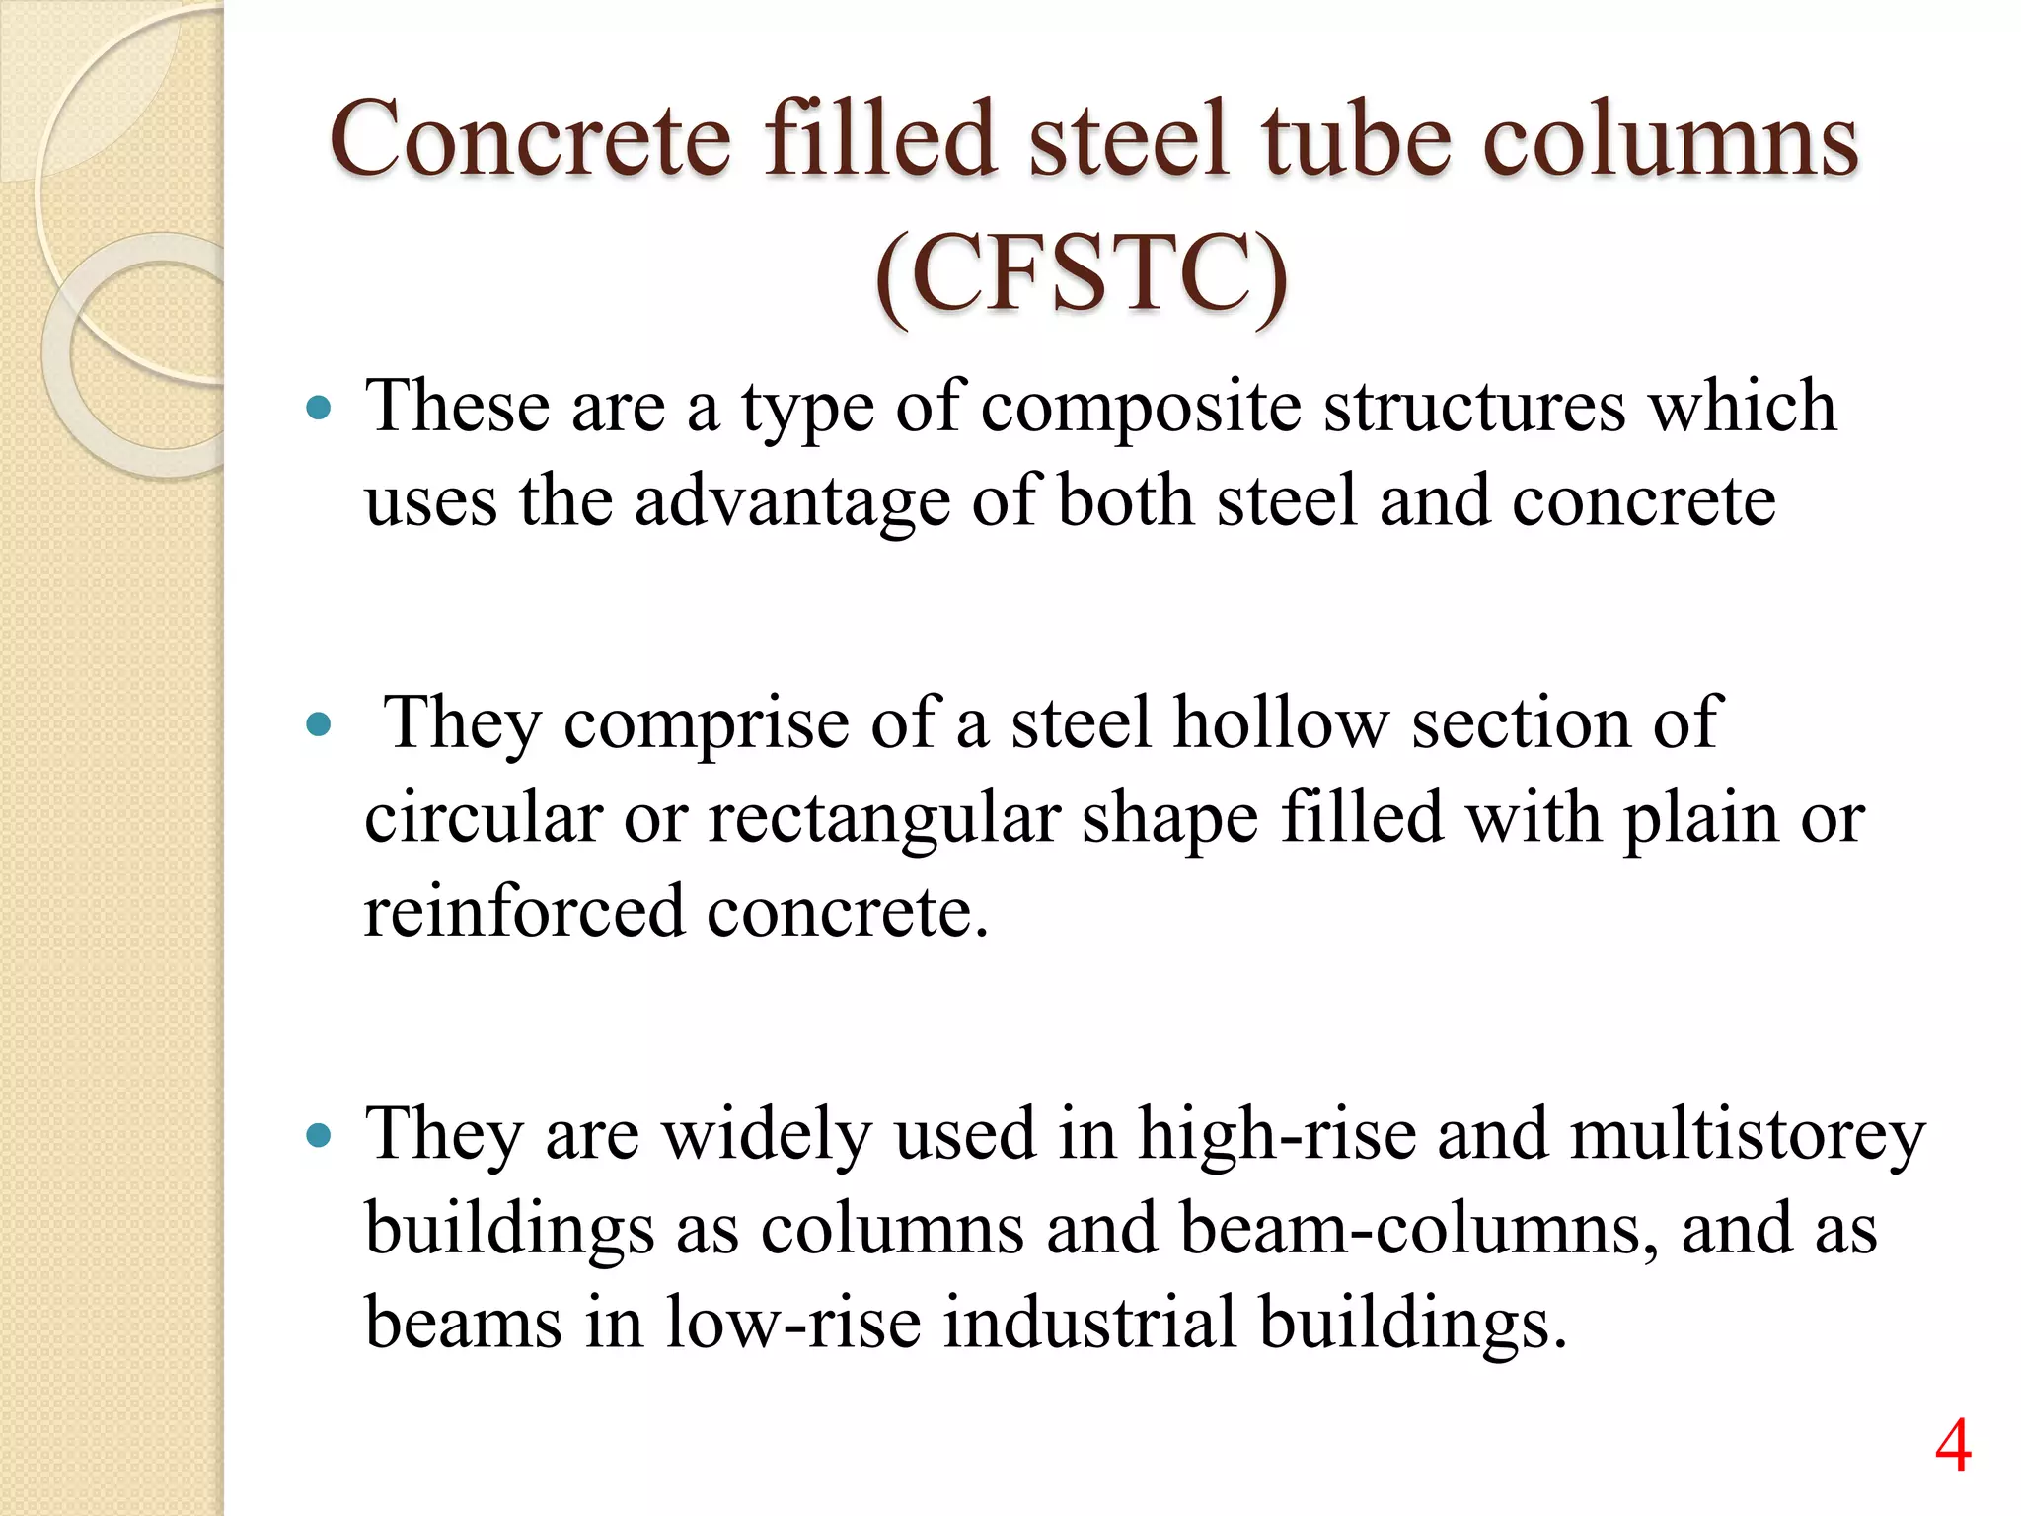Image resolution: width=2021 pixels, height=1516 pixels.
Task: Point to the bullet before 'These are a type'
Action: coord(318,408)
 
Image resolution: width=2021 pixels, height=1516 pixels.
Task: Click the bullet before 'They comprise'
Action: coord(318,725)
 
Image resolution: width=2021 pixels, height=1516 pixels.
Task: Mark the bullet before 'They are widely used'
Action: coord(318,1135)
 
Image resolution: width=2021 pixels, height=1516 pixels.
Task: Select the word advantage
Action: coord(791,501)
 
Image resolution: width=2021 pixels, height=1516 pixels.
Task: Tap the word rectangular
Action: coord(883,819)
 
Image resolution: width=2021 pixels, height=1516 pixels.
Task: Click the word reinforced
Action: coord(524,911)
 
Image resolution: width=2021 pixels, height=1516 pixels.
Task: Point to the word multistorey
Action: coord(1747,1135)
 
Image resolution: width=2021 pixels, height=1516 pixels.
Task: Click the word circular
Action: coord(483,818)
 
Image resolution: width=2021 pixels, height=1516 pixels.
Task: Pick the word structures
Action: coord(1473,407)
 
